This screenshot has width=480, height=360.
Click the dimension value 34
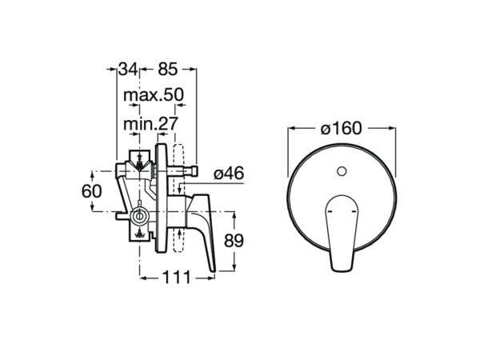[128, 69]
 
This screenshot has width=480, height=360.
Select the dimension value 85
[168, 69]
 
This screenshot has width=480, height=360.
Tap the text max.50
[154, 95]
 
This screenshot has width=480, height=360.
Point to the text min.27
[150, 124]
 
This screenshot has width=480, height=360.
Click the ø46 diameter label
[229, 174]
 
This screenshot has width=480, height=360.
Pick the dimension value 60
[91, 192]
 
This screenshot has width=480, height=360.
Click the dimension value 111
[176, 278]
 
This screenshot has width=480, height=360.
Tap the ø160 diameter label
[342, 128]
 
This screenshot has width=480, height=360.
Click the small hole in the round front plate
[342, 171]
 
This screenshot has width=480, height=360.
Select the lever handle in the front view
[342, 233]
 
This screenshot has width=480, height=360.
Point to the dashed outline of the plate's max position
[178, 198]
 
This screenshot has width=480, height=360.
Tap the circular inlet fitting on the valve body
[139, 217]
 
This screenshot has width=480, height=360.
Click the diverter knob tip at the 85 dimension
[194, 170]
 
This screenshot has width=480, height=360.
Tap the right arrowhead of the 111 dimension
[210, 278]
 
